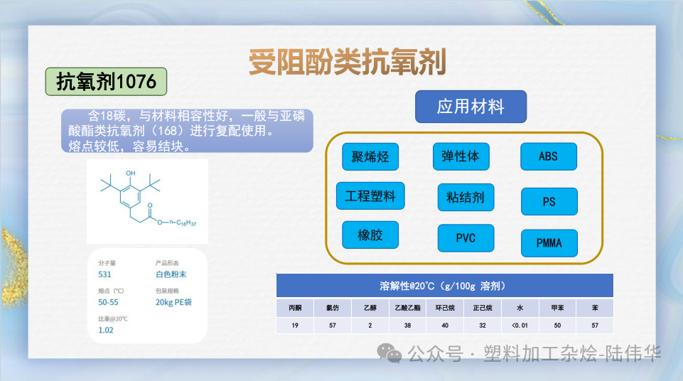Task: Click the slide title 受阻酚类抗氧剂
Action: (348, 63)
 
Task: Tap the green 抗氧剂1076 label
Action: (107, 82)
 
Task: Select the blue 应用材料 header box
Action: (471, 107)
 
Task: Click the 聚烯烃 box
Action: (370, 157)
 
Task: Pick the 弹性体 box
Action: (461, 156)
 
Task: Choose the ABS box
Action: (549, 156)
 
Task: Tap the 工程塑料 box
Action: (370, 196)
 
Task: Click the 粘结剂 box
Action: (466, 197)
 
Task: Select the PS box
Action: (549, 202)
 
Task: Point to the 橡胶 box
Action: (370, 235)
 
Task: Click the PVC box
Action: (466, 238)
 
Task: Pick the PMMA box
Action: (549, 243)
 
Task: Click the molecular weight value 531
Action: (104, 274)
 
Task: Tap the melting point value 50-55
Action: (108, 302)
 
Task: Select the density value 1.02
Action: (106, 330)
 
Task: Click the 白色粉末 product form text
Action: (171, 274)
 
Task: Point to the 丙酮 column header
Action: (295, 308)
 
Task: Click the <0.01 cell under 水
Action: (520, 326)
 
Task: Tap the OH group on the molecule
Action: (131, 173)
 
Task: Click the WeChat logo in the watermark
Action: (389, 353)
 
